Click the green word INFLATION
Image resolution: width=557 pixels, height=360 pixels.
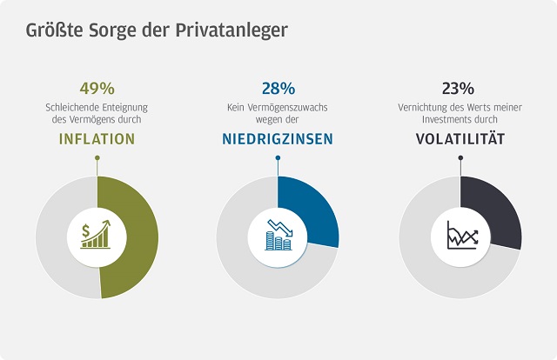97,138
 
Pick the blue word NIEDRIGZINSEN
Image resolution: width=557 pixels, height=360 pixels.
278,138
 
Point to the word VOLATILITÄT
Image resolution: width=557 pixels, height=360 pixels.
459,138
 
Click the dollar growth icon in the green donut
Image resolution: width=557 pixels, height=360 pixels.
97,235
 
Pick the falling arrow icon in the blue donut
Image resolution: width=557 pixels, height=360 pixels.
278,235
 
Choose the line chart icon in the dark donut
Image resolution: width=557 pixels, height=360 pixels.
460,235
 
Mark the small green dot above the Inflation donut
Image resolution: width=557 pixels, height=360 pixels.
97,158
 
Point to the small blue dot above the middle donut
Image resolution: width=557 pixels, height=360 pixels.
278,158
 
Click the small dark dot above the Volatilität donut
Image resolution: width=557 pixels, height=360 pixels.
460,158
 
